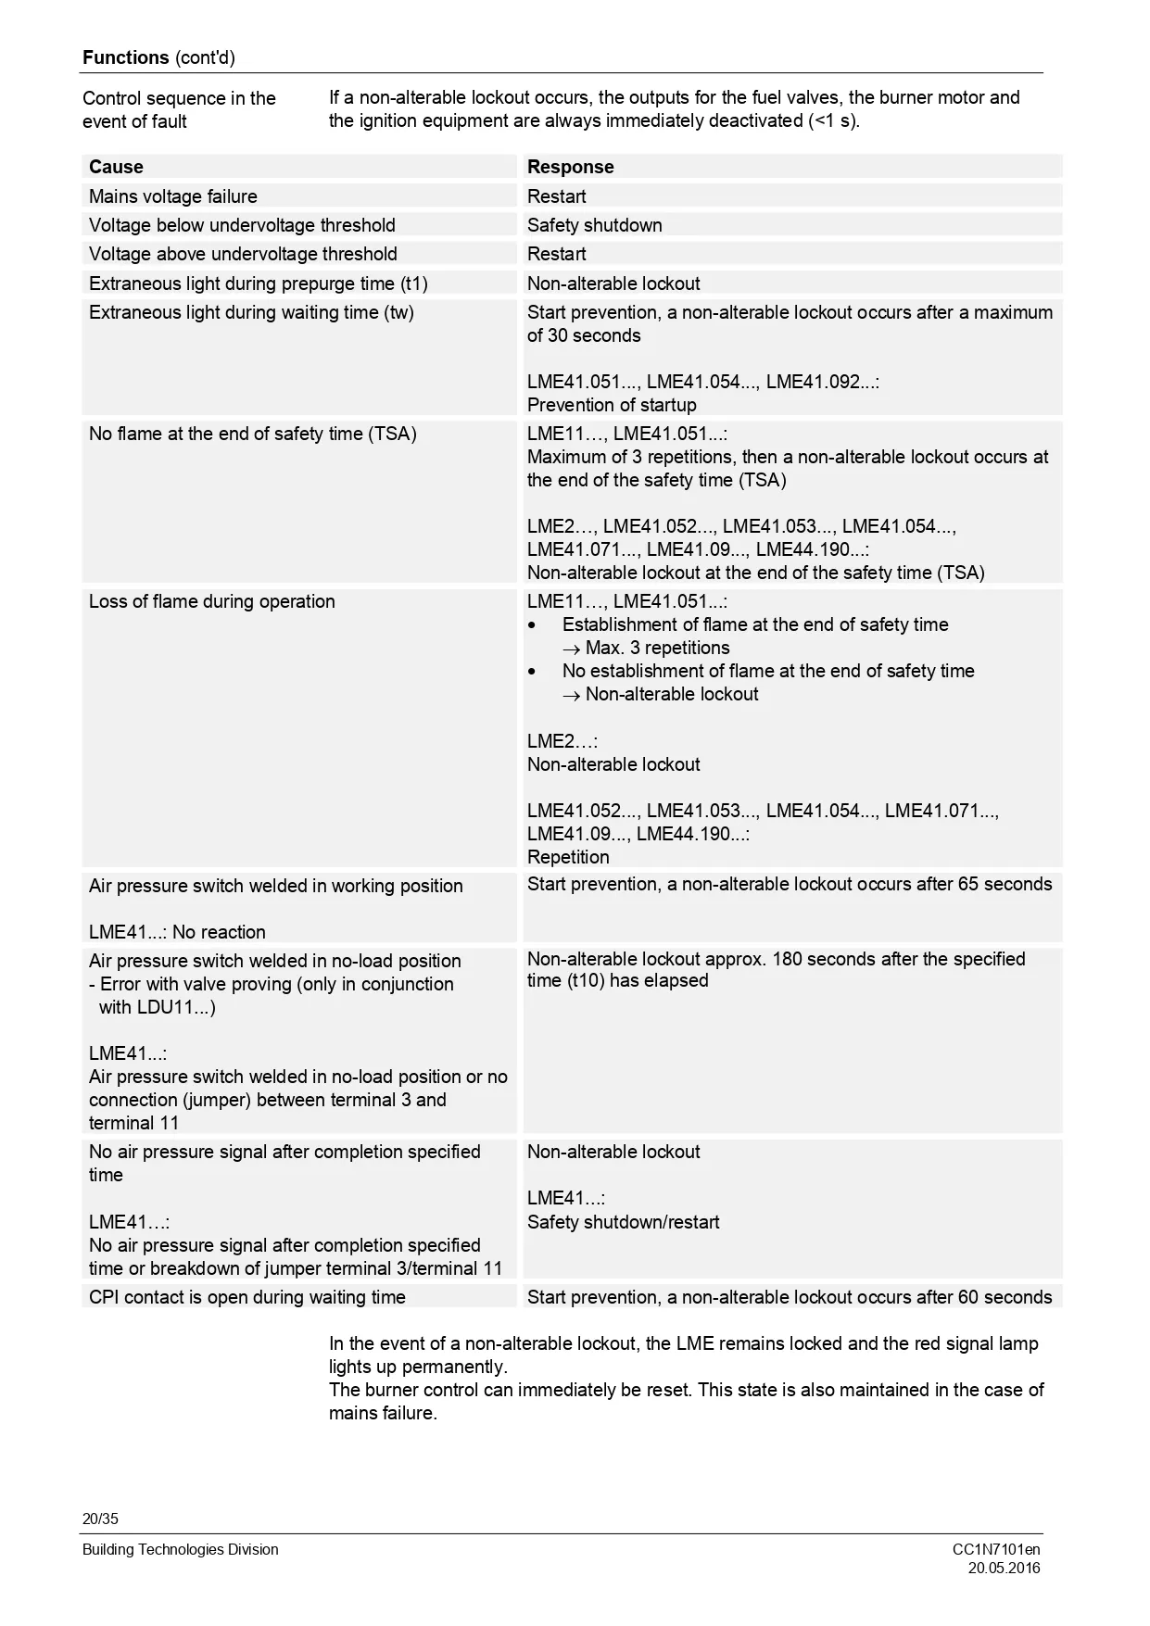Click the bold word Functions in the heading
click(125, 57)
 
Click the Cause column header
click(116, 167)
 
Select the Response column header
click(570, 167)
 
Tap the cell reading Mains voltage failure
click(173, 196)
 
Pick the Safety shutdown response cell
click(594, 225)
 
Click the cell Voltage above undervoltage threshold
click(243, 254)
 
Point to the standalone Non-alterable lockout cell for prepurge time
click(613, 284)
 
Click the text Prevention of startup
click(612, 405)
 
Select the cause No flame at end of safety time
click(252, 434)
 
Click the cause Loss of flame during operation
click(211, 601)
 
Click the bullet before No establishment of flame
click(532, 672)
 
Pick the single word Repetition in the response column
click(568, 857)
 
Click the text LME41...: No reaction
click(177, 932)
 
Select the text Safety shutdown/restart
click(623, 1222)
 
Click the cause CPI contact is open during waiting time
click(246, 1297)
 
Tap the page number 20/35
click(100, 1519)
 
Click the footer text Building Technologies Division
click(180, 1549)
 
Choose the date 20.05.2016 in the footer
click(1004, 1568)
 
